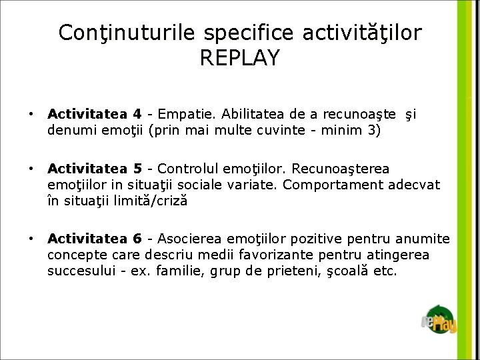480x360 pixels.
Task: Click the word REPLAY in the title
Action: coord(239,57)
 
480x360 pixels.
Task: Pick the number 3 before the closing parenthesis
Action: coord(371,130)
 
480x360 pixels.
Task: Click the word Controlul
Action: coord(187,168)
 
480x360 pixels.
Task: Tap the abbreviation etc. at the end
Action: coord(385,271)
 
